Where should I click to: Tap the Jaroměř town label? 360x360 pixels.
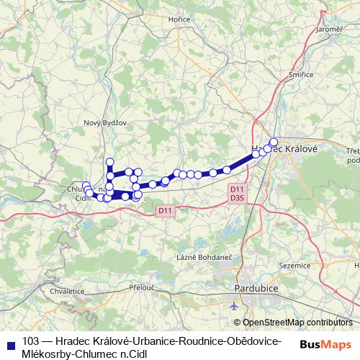329,29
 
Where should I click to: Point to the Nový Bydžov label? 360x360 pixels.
105,122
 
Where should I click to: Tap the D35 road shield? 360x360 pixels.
236,197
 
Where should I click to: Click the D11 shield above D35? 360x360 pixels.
236,189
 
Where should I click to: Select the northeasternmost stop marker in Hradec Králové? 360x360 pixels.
274,142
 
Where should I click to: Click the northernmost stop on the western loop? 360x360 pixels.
110,161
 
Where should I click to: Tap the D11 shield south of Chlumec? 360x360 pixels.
165,210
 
